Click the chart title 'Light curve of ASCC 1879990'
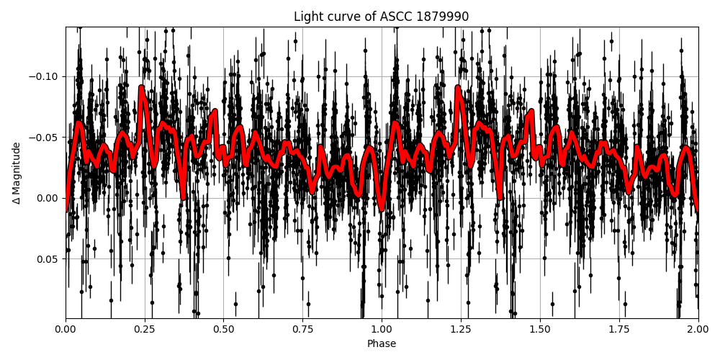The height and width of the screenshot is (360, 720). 381,17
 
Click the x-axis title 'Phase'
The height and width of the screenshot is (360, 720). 381,344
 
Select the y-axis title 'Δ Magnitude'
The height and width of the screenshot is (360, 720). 17,173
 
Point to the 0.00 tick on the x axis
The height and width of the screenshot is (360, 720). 66,330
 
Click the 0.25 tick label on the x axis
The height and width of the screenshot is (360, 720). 144,330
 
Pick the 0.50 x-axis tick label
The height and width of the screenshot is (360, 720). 223,330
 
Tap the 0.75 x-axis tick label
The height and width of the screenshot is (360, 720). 302,330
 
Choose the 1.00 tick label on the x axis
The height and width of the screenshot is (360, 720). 382,330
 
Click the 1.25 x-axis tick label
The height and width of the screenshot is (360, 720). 461,330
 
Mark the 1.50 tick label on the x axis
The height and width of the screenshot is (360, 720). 540,330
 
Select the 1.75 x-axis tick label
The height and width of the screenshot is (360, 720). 619,330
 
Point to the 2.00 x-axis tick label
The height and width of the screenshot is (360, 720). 698,330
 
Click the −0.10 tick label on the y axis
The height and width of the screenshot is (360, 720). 46,76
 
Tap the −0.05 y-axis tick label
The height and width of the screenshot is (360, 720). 46,138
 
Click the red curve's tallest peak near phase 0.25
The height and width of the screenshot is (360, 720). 142,88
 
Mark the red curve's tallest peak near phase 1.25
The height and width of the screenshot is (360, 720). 458,88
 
